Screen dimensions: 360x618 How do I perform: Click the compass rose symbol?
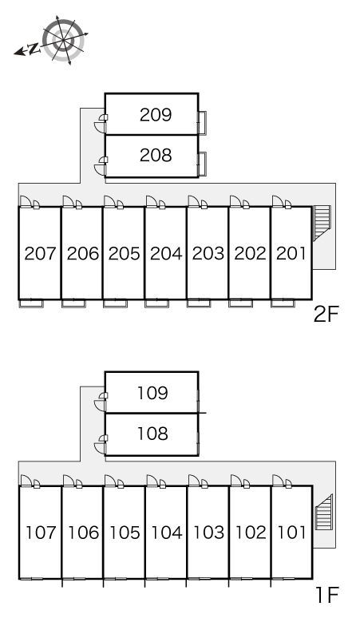pyautogui.click(x=63, y=39)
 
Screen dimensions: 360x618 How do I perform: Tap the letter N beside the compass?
pyautogui.click(x=34, y=49)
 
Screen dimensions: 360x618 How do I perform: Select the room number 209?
pyautogui.click(x=156, y=115)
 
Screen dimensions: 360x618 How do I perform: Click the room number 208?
pyautogui.click(x=156, y=155)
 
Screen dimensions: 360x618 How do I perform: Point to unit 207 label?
pyautogui.click(x=40, y=253)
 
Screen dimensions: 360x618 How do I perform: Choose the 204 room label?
pyautogui.click(x=166, y=253)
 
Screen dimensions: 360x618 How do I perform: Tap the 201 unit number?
pyautogui.click(x=291, y=253)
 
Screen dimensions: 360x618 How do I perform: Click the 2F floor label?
pyautogui.click(x=326, y=315)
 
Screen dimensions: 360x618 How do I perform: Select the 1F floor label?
pyautogui.click(x=327, y=595)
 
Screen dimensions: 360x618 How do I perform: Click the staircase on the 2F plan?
pyautogui.click(x=322, y=222)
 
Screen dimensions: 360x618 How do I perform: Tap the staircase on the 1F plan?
pyautogui.click(x=324, y=512)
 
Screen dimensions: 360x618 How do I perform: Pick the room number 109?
pyautogui.click(x=152, y=393)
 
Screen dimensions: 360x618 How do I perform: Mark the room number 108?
pyautogui.click(x=152, y=434)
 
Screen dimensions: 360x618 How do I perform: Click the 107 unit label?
pyautogui.click(x=41, y=533)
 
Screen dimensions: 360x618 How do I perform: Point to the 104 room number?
pyautogui.click(x=167, y=533)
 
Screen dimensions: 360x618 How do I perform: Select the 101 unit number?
pyautogui.click(x=292, y=533)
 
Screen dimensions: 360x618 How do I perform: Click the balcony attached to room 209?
pyautogui.click(x=202, y=123)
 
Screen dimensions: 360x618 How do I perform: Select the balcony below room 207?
pyautogui.click(x=31, y=303)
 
